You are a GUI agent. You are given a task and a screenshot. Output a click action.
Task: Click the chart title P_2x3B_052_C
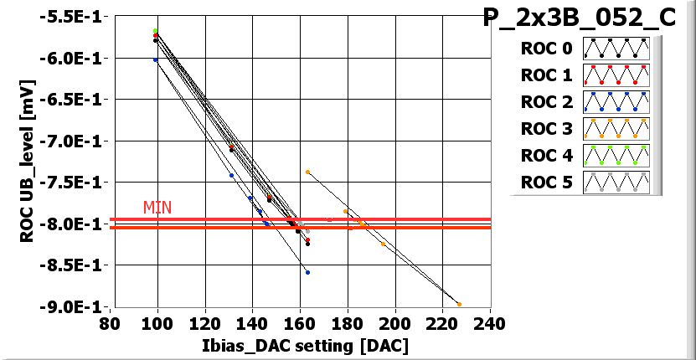(580, 18)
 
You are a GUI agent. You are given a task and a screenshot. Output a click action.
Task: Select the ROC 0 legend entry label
(546, 49)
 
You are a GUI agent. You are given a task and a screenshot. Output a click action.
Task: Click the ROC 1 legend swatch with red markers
(616, 75)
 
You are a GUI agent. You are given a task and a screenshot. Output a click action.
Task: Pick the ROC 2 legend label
(546, 102)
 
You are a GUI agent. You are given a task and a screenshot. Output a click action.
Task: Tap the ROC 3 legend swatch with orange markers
(616, 129)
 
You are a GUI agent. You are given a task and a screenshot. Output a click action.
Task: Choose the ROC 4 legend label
(546, 156)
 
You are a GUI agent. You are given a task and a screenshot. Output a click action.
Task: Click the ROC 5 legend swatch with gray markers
(616, 183)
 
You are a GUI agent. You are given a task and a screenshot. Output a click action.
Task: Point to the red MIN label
(157, 207)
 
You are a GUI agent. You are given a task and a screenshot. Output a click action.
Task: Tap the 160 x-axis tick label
(300, 323)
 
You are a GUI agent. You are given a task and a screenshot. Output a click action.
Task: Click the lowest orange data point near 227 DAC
(459, 305)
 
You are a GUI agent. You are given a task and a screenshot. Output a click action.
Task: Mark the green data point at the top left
(156, 31)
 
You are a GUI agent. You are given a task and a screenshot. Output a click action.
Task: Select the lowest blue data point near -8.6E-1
(307, 272)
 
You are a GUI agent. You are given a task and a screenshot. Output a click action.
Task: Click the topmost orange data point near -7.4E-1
(307, 172)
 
